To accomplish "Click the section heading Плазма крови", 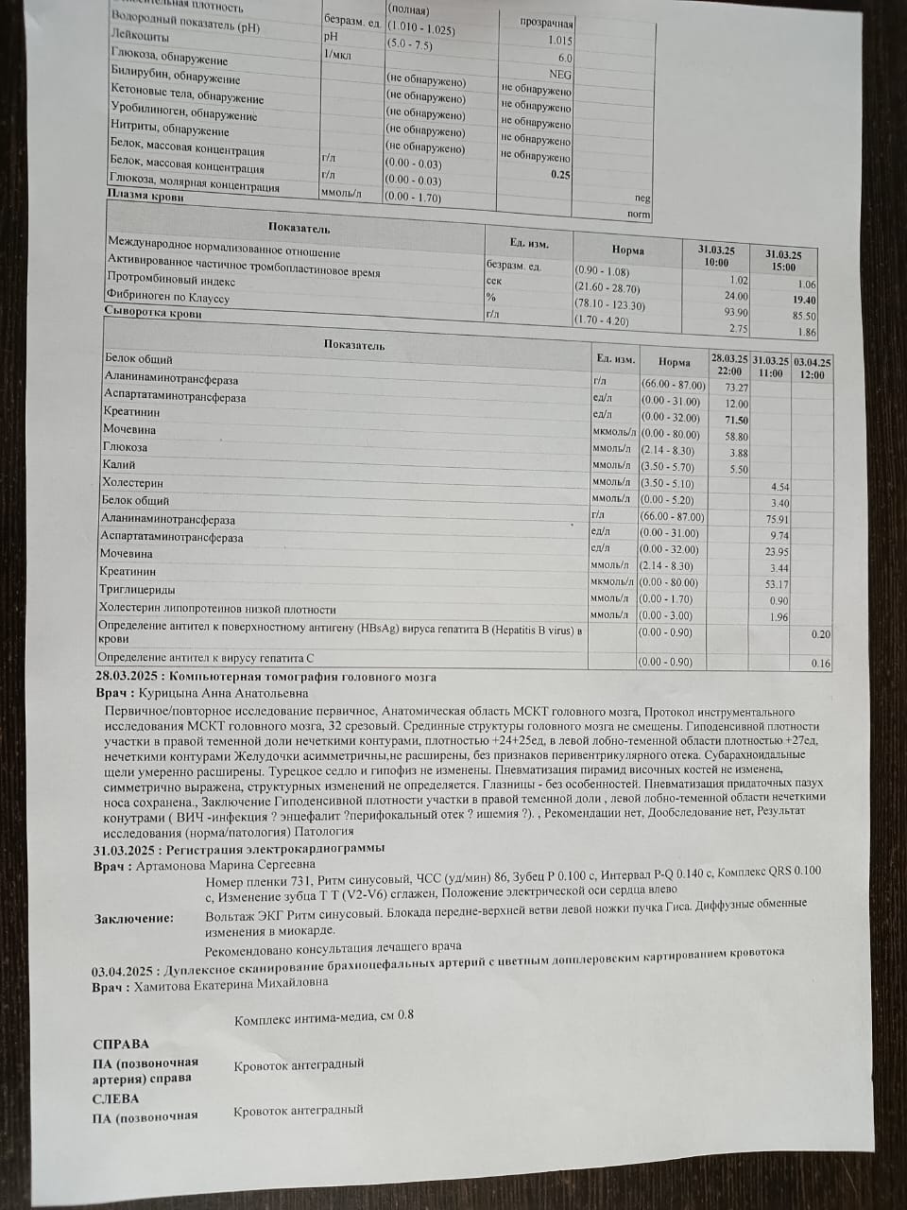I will click(146, 197).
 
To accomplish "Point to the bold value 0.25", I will click(560, 175).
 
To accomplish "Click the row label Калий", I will click(119, 464).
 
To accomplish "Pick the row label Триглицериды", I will click(137, 589).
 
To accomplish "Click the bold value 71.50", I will click(735, 420).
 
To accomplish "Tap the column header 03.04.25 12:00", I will click(812, 369).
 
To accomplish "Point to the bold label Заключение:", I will click(134, 918).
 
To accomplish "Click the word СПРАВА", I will click(121, 1045).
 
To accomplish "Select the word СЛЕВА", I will click(116, 1098).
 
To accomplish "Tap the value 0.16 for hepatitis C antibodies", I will click(820, 664).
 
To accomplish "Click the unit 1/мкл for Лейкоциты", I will click(337, 55).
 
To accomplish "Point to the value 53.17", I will click(776, 584).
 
